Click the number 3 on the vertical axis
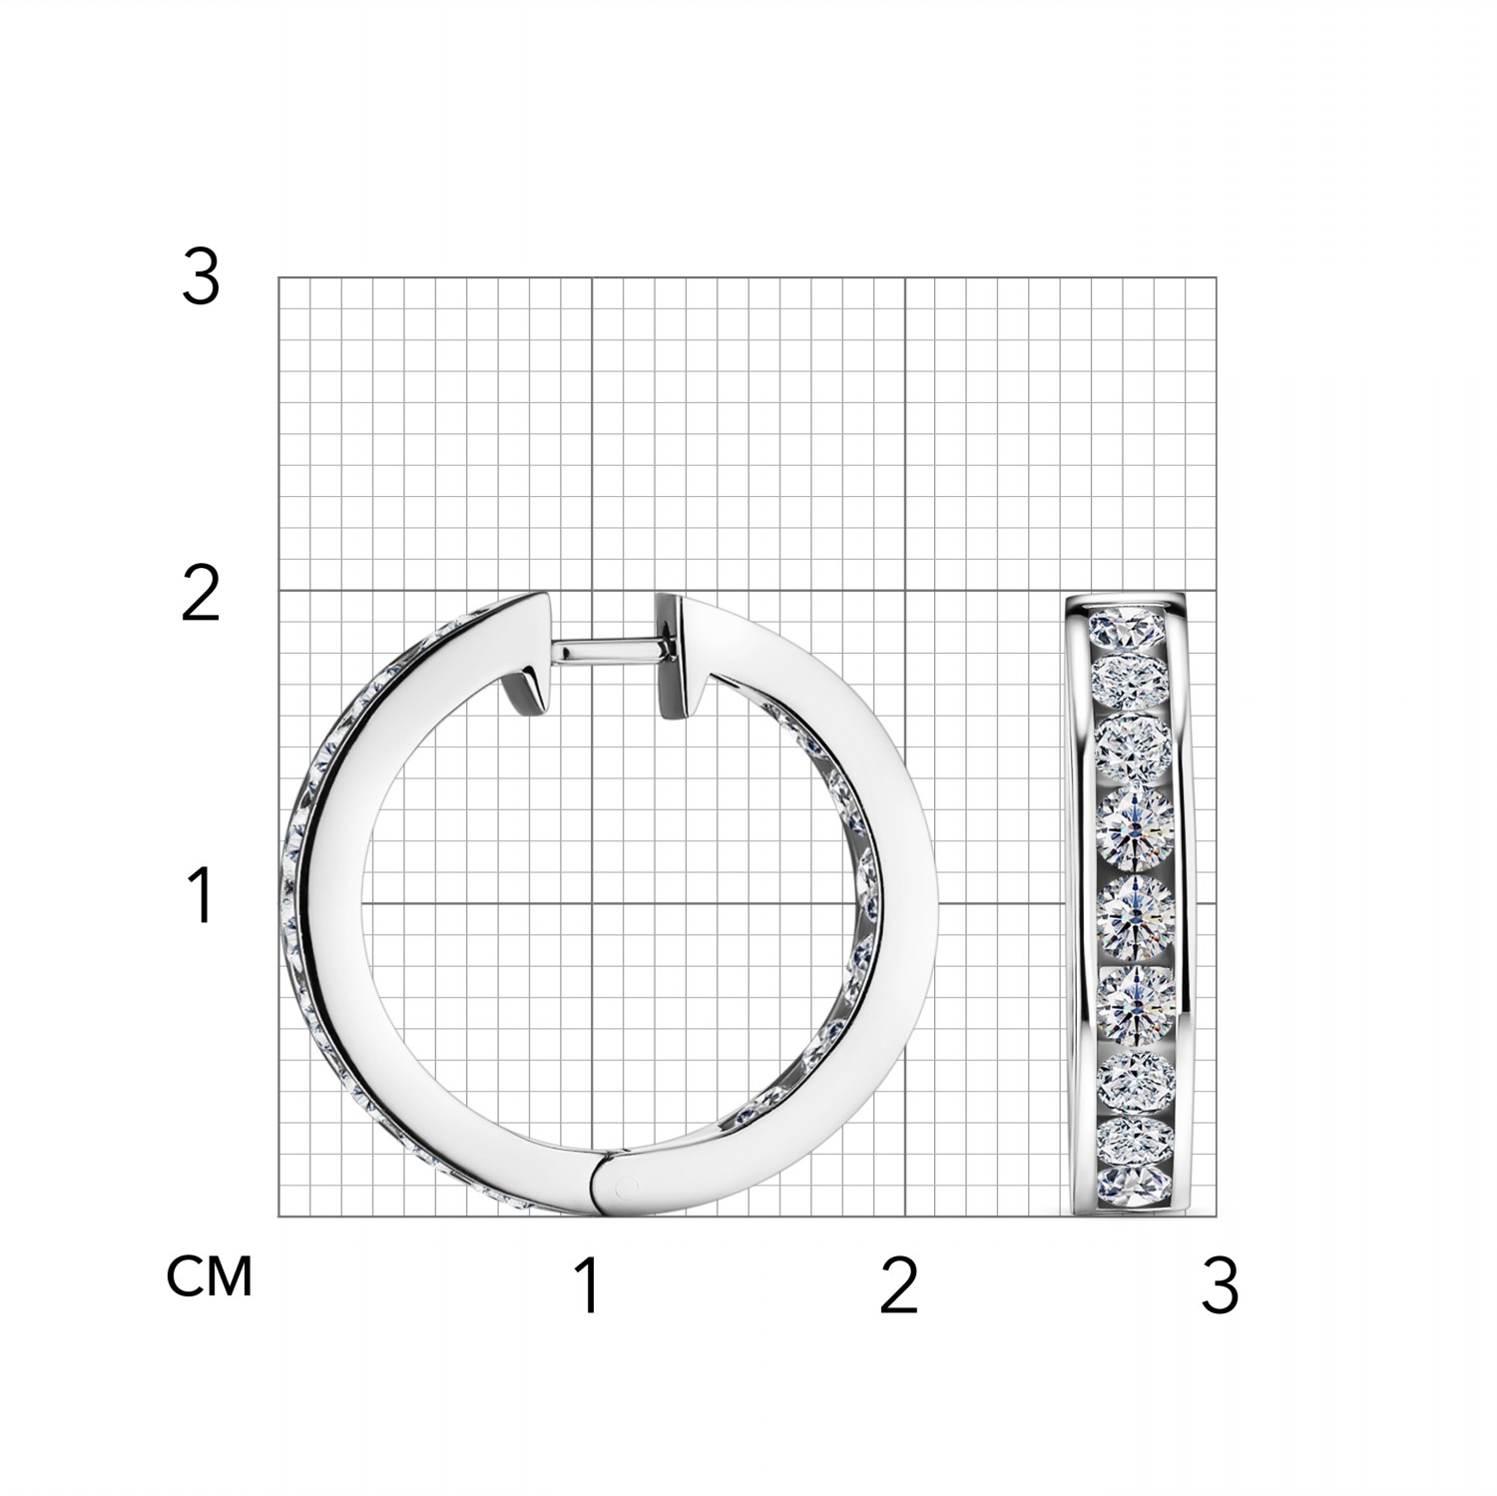201,278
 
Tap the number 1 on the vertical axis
202,895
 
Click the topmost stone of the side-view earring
1132,627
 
